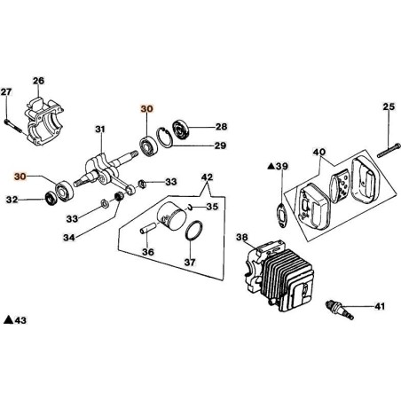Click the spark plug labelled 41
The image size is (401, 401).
click(339, 310)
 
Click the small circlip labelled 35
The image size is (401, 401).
click(190, 208)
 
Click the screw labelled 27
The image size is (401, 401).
click(13, 125)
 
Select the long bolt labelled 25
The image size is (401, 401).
click(389, 150)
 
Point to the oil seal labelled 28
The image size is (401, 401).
click(181, 129)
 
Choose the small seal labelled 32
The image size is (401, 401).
click(51, 198)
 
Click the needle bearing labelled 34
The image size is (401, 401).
click(119, 196)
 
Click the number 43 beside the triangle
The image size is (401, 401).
click(20, 320)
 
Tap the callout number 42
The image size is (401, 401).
click(207, 177)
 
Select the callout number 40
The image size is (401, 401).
click(319, 153)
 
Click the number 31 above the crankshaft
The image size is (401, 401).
click(100, 130)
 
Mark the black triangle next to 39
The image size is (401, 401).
click(271, 166)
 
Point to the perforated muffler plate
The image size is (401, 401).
click(340, 187)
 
